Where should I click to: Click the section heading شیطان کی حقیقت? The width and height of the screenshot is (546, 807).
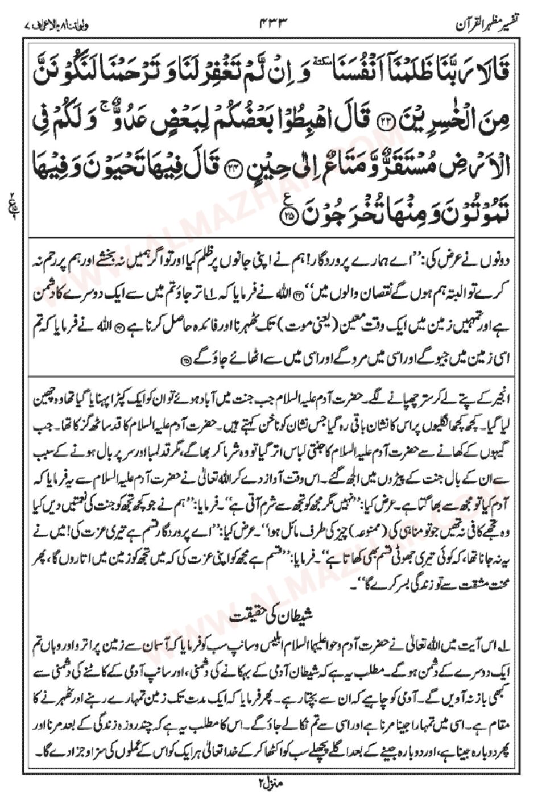pyautogui.click(x=274, y=615)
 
